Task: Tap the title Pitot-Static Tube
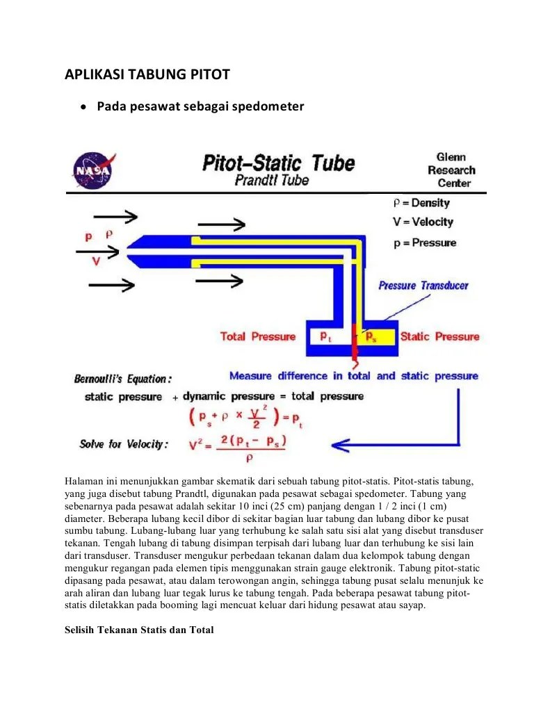point(278,163)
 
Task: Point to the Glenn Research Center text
point(451,170)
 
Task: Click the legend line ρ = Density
point(421,203)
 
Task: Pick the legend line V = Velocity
point(423,222)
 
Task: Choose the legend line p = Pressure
point(424,243)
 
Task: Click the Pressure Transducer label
point(423,286)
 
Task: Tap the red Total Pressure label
point(257,336)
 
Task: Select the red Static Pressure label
point(439,336)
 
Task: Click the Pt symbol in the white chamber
point(325,336)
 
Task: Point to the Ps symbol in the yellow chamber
point(372,337)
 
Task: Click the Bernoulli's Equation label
point(122,379)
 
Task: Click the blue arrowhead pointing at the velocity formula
point(339,443)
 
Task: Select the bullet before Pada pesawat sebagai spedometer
point(83,107)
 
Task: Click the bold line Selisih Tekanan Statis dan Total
point(139,630)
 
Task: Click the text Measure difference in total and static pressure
point(353,376)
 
